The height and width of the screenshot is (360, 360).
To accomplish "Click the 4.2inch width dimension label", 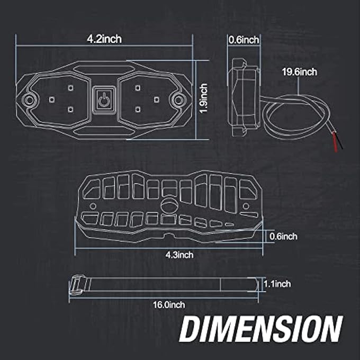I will click(105, 39).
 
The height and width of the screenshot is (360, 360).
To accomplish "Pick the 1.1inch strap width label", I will click(277, 284).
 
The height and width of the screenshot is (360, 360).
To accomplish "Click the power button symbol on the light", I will click(104, 98).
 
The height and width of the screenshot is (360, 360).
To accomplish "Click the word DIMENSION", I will click(261, 329).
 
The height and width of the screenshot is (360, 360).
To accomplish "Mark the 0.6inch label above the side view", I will click(244, 39).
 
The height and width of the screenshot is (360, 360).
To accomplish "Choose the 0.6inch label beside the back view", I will click(283, 236).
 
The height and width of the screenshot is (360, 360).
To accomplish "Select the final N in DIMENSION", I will click(330, 329).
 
